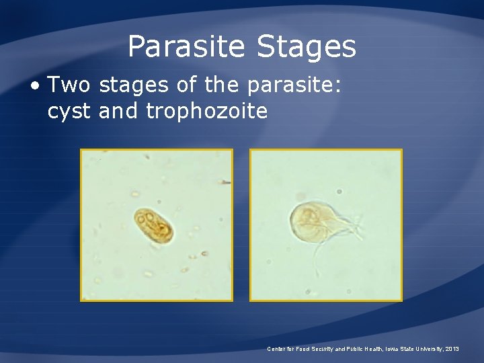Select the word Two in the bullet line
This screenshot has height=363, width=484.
pos(69,85)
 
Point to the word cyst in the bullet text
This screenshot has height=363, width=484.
pos(69,110)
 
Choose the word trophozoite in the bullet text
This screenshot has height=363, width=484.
pos(206,112)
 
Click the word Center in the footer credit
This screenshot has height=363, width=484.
pos(276,349)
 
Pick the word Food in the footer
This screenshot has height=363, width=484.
pos(302,349)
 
